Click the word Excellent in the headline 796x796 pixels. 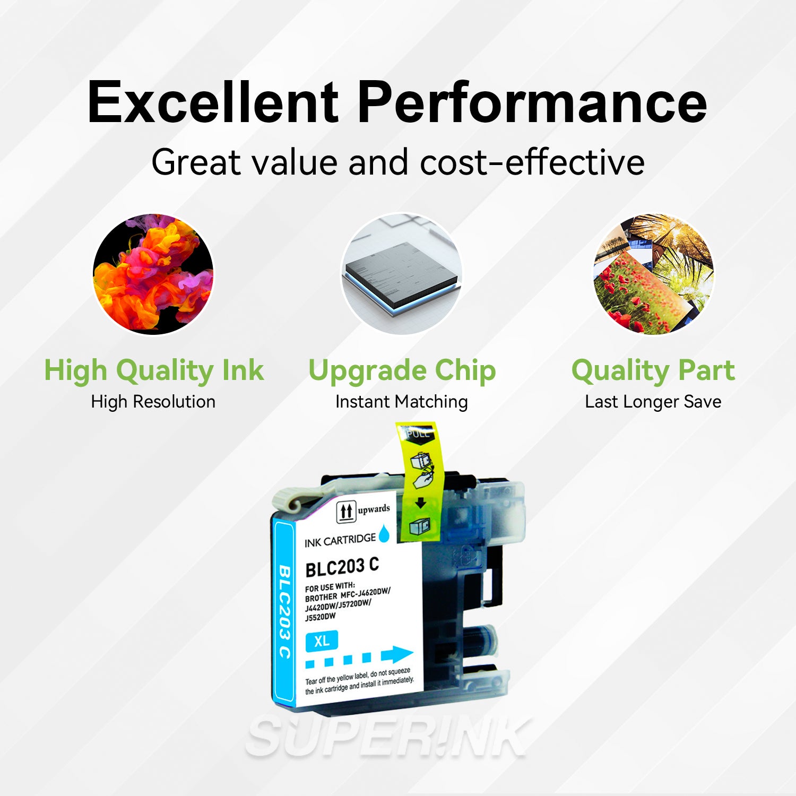[x=212, y=102]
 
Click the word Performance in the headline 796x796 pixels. [x=532, y=102]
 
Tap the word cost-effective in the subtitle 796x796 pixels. [x=532, y=162]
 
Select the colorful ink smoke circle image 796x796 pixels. [x=153, y=274]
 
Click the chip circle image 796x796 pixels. [x=401, y=274]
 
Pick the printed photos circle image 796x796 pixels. [x=653, y=274]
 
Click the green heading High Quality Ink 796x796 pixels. [x=153, y=370]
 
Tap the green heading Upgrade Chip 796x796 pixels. [x=402, y=370]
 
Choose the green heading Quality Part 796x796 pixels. [x=653, y=370]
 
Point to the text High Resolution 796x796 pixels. [x=153, y=402]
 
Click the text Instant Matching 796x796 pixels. [x=402, y=402]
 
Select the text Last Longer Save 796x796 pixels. [x=653, y=402]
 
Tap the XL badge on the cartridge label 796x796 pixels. [x=322, y=641]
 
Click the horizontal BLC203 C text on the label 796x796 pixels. [x=342, y=567]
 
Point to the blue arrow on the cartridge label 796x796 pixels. [x=396, y=654]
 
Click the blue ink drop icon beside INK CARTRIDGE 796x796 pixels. [x=384, y=533]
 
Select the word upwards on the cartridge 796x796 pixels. [x=374, y=509]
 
